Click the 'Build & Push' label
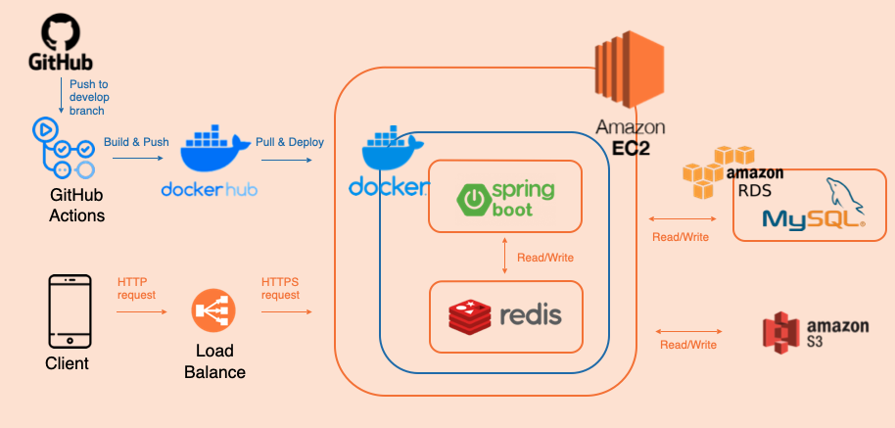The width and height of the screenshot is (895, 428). (x=136, y=142)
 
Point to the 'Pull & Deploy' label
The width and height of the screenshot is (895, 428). (x=290, y=142)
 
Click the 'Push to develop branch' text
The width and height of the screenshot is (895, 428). (x=88, y=98)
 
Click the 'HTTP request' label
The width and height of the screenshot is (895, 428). (x=136, y=288)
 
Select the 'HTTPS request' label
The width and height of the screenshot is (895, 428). (x=281, y=288)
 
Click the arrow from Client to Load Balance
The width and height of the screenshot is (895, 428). (x=141, y=312)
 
